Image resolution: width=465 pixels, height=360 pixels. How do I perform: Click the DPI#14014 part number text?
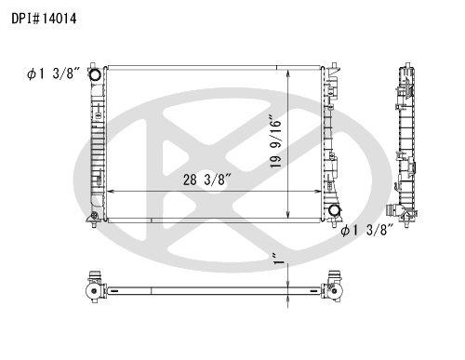click(44, 19)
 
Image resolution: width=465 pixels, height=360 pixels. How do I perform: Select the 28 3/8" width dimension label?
click(207, 180)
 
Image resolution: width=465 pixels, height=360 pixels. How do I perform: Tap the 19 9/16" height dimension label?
click(275, 142)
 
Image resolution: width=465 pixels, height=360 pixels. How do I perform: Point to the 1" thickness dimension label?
click(281, 259)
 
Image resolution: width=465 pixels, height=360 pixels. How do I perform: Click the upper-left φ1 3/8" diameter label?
click(53, 73)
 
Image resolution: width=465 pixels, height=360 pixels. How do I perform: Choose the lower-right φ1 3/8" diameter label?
click(366, 231)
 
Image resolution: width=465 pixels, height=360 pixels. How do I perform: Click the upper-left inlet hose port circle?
click(95, 74)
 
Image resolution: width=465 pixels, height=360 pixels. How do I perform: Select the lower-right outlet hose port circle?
click(334, 210)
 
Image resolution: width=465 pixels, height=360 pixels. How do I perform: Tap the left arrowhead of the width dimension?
click(110, 192)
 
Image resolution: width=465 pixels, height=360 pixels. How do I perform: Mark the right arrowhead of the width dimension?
click(318, 192)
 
